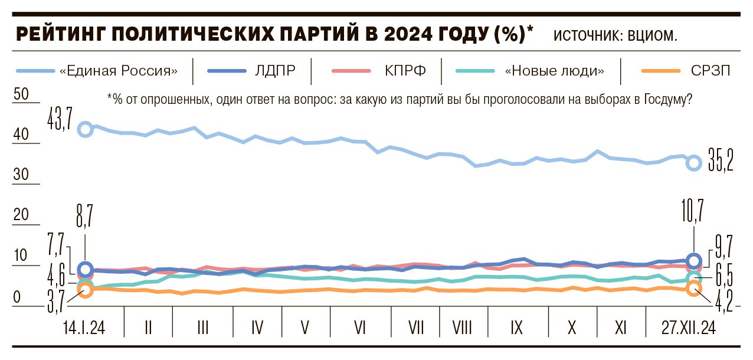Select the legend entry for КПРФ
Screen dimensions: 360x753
click(404, 71)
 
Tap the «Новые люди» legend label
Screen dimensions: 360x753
click(555, 71)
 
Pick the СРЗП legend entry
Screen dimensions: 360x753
click(711, 71)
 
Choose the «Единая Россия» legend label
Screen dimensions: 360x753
click(119, 71)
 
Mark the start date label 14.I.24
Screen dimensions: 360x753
click(83, 328)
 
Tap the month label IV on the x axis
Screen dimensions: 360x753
click(257, 328)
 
